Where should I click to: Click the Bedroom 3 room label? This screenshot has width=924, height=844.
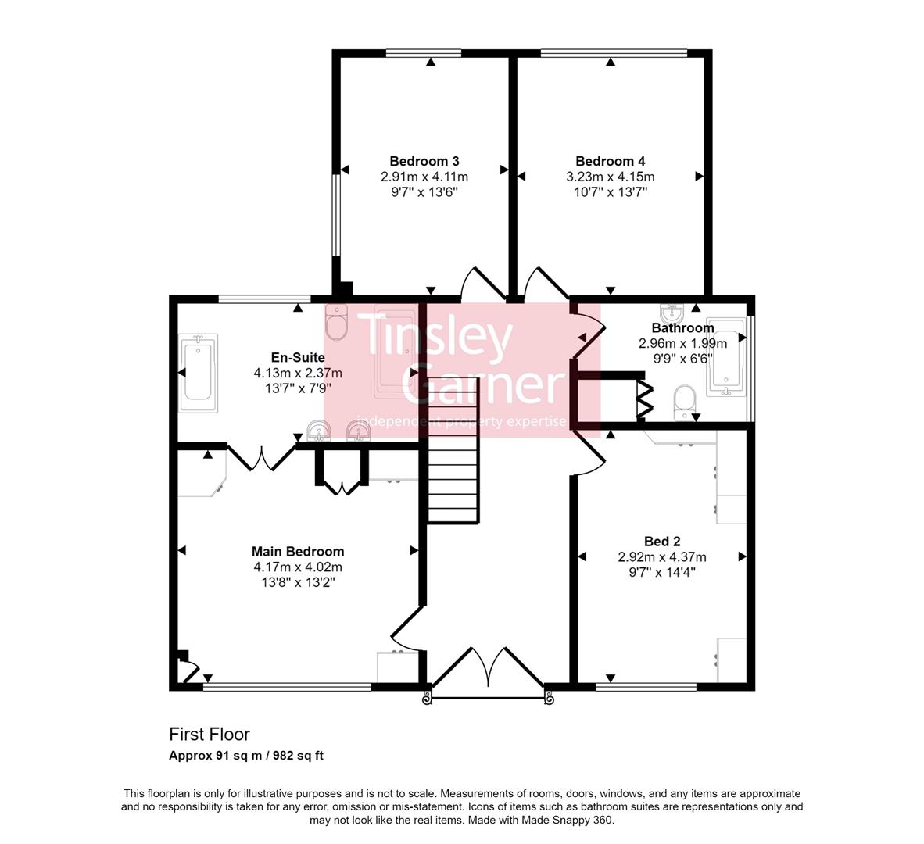[424, 162]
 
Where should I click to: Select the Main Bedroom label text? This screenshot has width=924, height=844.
[298, 552]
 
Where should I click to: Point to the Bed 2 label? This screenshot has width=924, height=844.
[661, 542]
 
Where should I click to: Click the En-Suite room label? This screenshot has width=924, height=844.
[298, 358]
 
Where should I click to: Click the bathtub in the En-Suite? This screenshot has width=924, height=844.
[199, 374]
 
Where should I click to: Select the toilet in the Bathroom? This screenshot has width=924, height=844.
[684, 401]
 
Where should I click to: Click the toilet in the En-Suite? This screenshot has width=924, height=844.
[337, 323]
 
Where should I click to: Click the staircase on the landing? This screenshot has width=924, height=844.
[452, 464]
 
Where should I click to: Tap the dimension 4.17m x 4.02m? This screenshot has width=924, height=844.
[298, 567]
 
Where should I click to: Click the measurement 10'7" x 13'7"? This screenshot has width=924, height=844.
[610, 191]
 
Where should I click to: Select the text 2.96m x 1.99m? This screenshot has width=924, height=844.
[682, 343]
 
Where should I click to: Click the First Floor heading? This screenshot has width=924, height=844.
[210, 735]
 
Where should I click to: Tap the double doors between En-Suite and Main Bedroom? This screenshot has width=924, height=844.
[261, 458]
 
